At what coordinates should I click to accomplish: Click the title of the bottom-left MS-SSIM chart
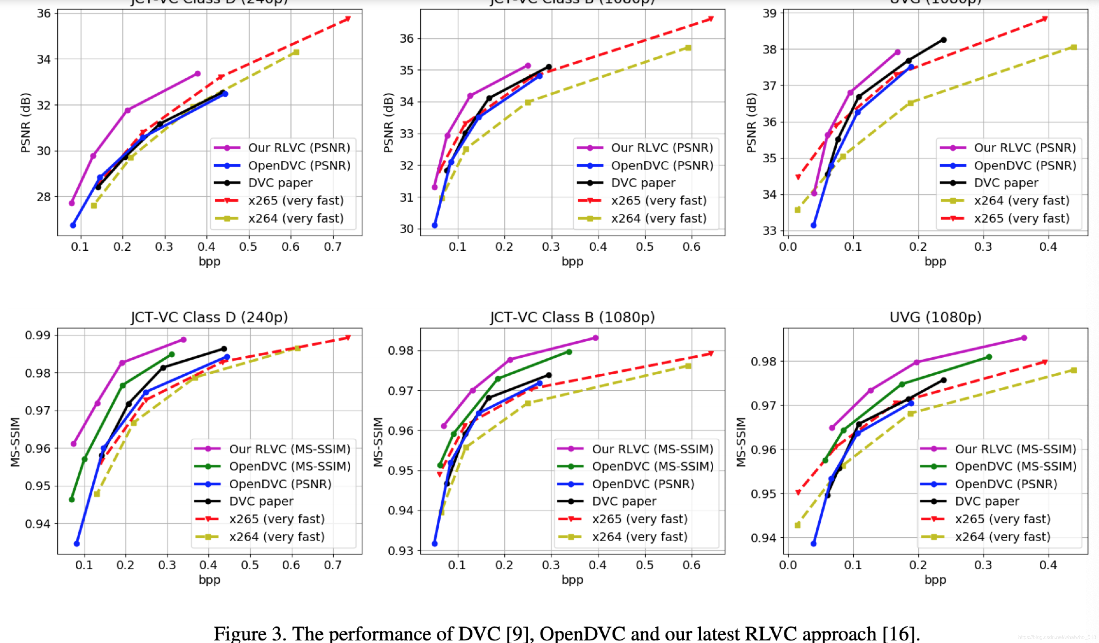(x=209, y=317)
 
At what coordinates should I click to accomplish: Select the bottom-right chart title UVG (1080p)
(x=935, y=317)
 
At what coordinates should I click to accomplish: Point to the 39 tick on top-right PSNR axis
(x=769, y=13)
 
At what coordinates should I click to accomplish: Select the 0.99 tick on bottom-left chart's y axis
(x=38, y=335)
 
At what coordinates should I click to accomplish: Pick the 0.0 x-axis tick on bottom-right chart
(x=788, y=565)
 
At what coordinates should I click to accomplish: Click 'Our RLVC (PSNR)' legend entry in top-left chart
(x=299, y=148)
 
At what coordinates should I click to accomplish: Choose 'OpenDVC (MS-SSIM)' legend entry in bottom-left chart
(x=290, y=466)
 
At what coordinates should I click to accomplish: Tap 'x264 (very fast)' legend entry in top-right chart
(x=1021, y=201)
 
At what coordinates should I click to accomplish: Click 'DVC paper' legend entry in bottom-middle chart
(x=624, y=501)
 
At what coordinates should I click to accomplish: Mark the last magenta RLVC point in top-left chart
(x=198, y=74)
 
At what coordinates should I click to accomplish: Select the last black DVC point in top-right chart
(x=943, y=40)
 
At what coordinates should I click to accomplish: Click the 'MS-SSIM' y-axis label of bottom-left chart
(x=15, y=442)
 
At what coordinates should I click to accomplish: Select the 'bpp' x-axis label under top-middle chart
(x=572, y=262)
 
